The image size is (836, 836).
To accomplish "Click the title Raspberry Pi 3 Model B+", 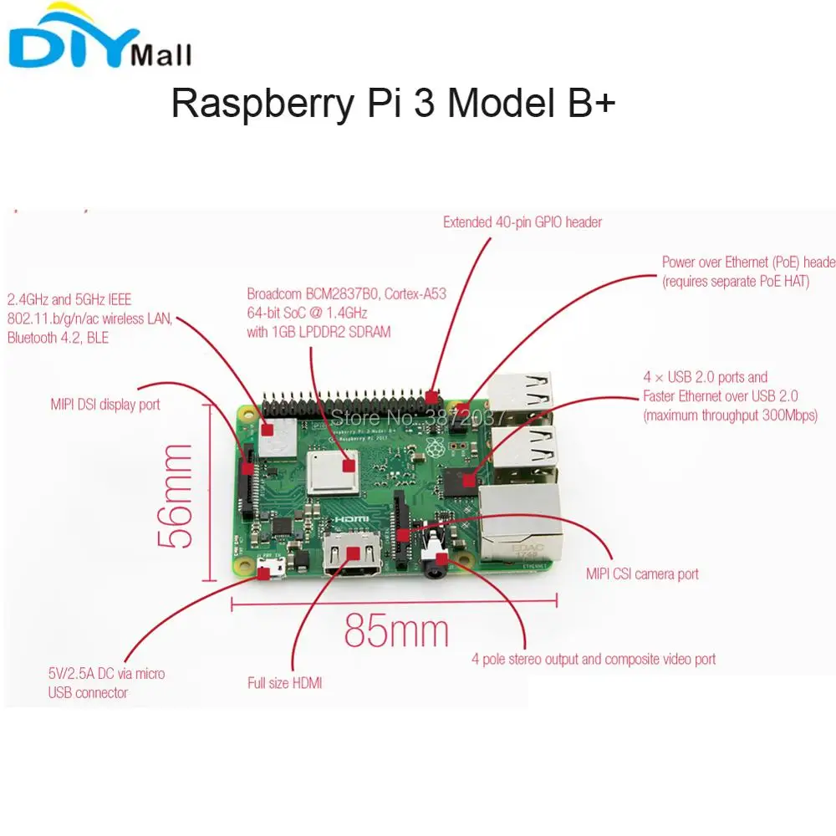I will pos(393,104).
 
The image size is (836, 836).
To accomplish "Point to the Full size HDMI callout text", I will pos(284,683).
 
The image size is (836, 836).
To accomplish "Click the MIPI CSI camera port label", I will pos(642,574).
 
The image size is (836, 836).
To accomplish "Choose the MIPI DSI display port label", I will pos(105,405).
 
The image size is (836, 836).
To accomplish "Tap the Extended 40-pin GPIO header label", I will pos(522,222).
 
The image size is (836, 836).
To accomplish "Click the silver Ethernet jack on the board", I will pos(518,522).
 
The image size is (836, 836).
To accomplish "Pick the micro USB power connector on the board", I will pos(269,571).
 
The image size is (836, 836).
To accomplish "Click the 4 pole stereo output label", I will pos(594,660).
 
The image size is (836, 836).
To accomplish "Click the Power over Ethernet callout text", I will pos(748,272).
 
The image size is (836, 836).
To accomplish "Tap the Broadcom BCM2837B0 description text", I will pos(346,313).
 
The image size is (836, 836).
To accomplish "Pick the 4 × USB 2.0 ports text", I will pos(729,396).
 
